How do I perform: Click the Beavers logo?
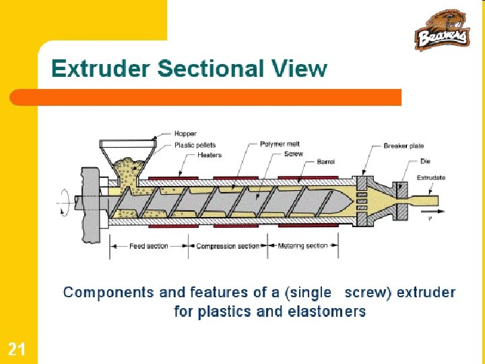[x=442, y=30]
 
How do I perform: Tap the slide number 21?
[x=17, y=348]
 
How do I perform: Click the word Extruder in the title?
[x=101, y=69]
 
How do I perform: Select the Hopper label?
[x=185, y=133]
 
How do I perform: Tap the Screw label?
[x=294, y=154]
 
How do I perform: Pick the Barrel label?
[x=325, y=162]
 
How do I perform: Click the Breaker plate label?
[x=403, y=146]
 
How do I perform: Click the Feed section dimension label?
[x=148, y=246]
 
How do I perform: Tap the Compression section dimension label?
[x=227, y=246]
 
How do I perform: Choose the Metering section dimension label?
[x=302, y=246]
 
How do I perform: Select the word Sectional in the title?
[x=210, y=69]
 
